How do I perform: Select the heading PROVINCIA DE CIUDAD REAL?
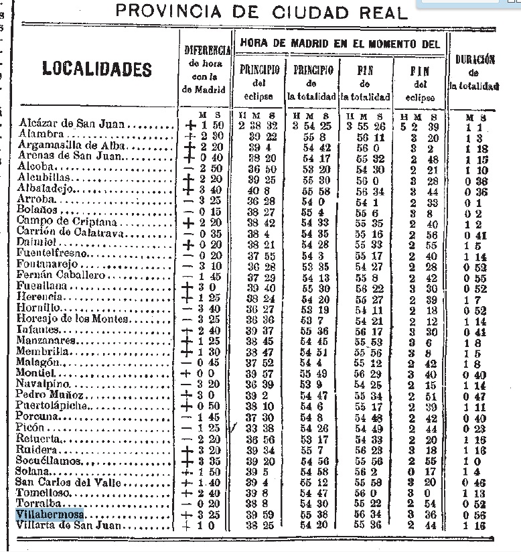(262, 12)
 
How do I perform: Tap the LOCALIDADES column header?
(97, 69)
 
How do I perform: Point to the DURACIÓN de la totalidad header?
(475, 72)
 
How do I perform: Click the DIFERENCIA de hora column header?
(207, 70)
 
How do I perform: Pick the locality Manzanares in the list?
(46, 342)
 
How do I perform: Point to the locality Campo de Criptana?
(58, 222)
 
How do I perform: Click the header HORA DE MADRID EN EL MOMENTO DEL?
(340, 44)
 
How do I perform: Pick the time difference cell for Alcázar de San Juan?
(207, 125)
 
